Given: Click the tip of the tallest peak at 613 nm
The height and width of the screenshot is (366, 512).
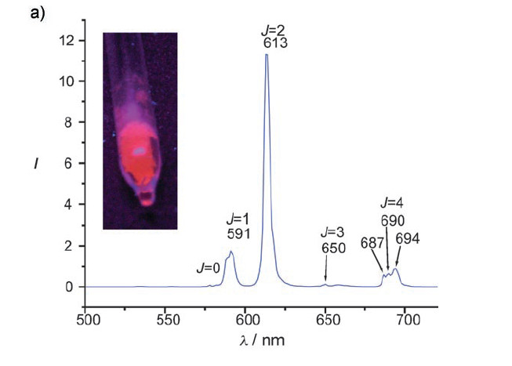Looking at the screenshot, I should pos(267,55).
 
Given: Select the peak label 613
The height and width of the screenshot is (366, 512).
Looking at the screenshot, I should pos(276,44).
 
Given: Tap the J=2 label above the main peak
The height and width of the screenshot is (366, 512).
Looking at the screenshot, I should pos(274,31).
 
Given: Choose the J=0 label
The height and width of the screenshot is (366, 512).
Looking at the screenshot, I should pos(208,268).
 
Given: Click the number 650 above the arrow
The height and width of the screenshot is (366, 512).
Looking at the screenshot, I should pos(332,247).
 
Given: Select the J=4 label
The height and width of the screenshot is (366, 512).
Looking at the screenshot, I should pos(392,205).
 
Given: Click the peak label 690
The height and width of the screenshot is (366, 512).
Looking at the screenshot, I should pos(392,220).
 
